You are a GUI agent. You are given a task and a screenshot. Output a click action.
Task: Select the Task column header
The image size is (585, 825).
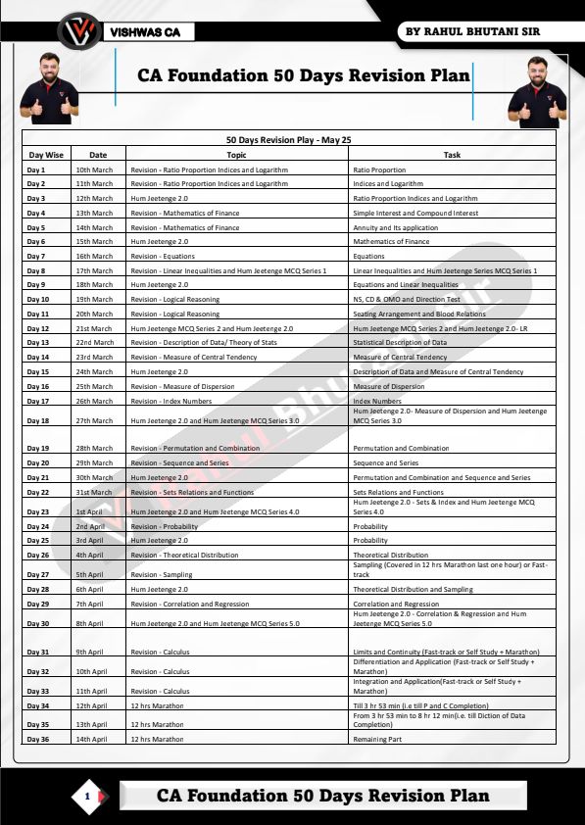coord(452,155)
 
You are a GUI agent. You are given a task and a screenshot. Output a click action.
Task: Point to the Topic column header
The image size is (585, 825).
coord(236,155)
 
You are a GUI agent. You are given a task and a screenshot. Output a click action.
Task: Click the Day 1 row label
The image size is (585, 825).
coord(36,170)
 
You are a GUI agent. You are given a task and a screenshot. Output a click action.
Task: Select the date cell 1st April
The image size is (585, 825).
coord(89,511)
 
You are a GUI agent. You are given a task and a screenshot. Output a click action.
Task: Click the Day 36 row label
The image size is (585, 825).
coord(38,739)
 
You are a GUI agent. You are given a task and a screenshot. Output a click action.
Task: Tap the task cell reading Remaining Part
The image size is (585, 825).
coord(377,739)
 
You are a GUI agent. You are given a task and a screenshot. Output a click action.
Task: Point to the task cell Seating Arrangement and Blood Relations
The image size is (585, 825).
coord(418,314)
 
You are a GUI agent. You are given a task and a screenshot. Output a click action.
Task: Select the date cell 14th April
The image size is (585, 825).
coord(92,739)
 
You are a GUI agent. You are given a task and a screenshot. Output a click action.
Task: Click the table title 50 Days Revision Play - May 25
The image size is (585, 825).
coord(288,140)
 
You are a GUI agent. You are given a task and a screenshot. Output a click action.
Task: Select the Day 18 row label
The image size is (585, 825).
coord(38,419)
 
